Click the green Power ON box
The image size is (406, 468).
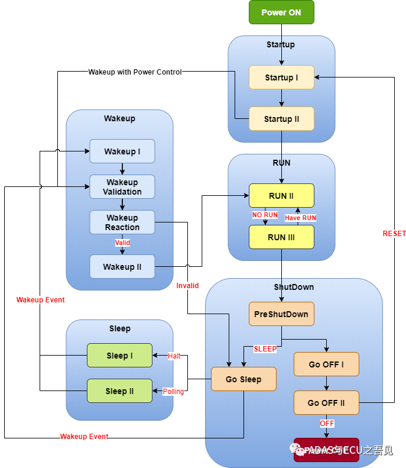(x=281, y=12)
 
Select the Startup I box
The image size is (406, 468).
(x=281, y=78)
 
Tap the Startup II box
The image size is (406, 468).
(x=281, y=119)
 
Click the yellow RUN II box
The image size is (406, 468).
(x=281, y=196)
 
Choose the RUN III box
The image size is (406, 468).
(x=281, y=237)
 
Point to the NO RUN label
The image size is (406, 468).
(x=265, y=215)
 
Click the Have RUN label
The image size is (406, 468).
(x=300, y=218)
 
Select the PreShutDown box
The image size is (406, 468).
(x=281, y=314)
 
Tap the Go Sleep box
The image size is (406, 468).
(x=243, y=379)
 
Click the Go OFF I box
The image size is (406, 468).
(x=326, y=364)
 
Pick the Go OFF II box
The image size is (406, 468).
(x=326, y=403)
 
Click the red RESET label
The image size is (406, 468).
(x=394, y=234)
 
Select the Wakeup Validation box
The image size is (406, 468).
(x=122, y=187)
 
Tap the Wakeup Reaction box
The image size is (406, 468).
(x=122, y=222)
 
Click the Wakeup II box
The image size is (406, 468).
(x=122, y=267)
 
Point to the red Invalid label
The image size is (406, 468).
(x=187, y=286)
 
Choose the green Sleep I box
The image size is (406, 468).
(x=119, y=356)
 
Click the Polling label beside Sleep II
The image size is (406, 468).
(x=174, y=392)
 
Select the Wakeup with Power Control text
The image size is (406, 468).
(x=135, y=72)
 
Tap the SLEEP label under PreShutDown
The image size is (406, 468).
(x=265, y=349)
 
